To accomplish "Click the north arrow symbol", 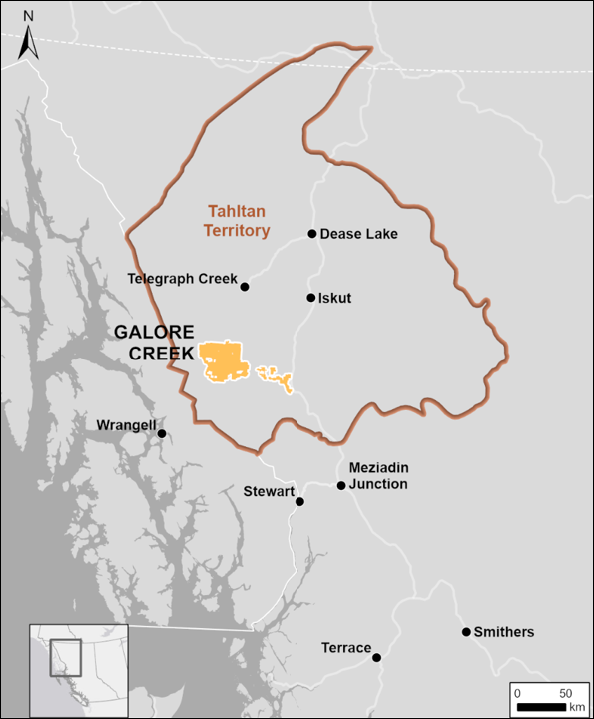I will point(28,37).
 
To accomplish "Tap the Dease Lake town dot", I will point(312,234).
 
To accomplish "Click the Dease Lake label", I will point(359,234).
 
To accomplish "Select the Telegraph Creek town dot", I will point(245,286).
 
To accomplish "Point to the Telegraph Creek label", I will point(183,278).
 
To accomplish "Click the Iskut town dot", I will point(311,298).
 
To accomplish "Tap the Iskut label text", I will point(335,298).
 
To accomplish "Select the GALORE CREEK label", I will point(154,342).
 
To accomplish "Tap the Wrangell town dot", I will point(162,433).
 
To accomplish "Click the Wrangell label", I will point(126,425).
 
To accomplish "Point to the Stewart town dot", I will point(299,502).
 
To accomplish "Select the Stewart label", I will point(269,491).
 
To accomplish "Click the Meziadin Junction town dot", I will point(341,486).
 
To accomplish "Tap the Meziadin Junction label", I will point(379,476).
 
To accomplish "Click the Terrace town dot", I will point(377,657).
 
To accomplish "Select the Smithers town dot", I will point(466,632).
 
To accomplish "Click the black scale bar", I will point(542,707).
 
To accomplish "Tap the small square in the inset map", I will point(65,655).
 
